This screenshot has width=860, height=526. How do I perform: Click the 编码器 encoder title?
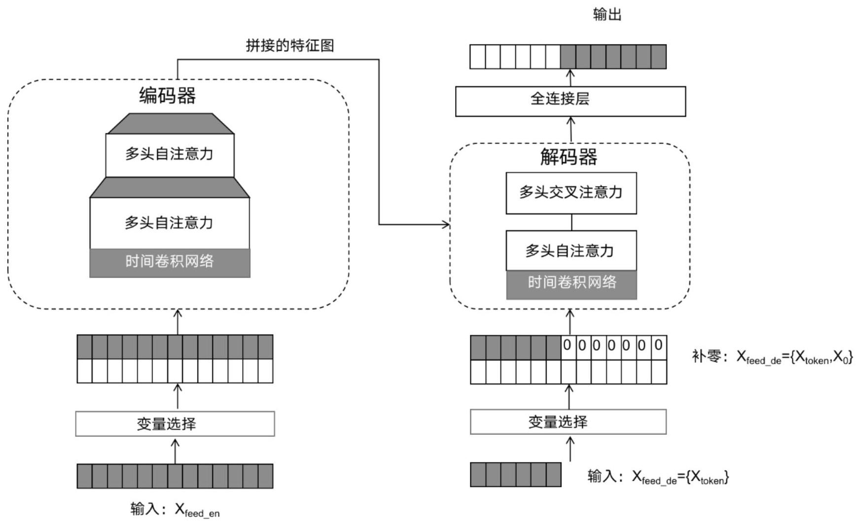[x=168, y=95]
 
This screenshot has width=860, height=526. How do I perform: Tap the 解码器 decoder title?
[x=569, y=157]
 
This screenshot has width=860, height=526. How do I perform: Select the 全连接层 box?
[x=570, y=101]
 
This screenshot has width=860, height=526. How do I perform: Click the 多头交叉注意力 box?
[x=571, y=193]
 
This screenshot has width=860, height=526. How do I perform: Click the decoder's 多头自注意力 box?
[x=571, y=250]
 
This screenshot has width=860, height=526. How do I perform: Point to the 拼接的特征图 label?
[x=290, y=46]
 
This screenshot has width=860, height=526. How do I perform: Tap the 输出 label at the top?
[x=607, y=15]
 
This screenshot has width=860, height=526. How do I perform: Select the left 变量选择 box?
[x=175, y=423]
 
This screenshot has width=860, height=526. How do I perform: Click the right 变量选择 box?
[x=568, y=421]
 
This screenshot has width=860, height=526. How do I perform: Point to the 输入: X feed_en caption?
[x=175, y=510]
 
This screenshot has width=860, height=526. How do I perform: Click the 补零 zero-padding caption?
[x=772, y=356]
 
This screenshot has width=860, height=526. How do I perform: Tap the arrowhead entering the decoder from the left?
[x=446, y=225]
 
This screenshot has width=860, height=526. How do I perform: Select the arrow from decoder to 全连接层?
[x=571, y=129]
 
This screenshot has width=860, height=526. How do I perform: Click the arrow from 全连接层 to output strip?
[x=571, y=77]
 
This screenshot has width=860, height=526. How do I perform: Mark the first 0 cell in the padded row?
[x=567, y=346]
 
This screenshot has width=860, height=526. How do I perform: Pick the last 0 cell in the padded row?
[x=658, y=346]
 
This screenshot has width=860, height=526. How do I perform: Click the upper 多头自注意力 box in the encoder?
[x=170, y=155]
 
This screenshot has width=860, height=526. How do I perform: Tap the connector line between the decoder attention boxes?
[x=572, y=222]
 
